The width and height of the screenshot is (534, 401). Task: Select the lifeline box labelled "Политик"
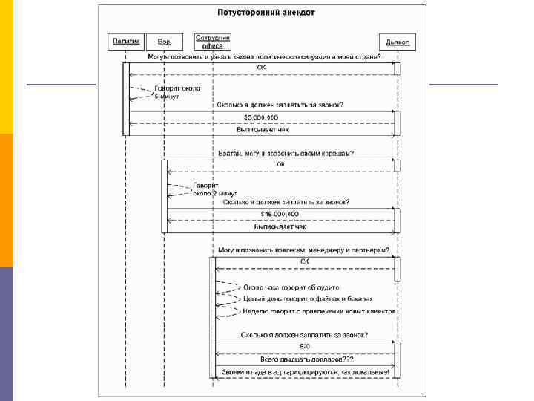(x=124, y=42)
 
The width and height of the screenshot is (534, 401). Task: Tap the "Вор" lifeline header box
(x=164, y=42)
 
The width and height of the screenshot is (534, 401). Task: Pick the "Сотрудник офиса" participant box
(x=213, y=41)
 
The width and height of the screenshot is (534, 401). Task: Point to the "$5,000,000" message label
(x=261, y=117)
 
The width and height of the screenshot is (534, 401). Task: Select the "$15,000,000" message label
(x=280, y=214)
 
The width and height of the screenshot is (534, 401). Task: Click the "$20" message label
(x=305, y=347)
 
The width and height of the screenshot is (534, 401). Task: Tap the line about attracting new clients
(x=320, y=311)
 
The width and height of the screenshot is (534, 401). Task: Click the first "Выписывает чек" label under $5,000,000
(x=263, y=129)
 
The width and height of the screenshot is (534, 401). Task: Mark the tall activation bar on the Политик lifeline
(x=125, y=98)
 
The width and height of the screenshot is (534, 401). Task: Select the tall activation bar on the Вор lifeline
(x=164, y=195)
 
